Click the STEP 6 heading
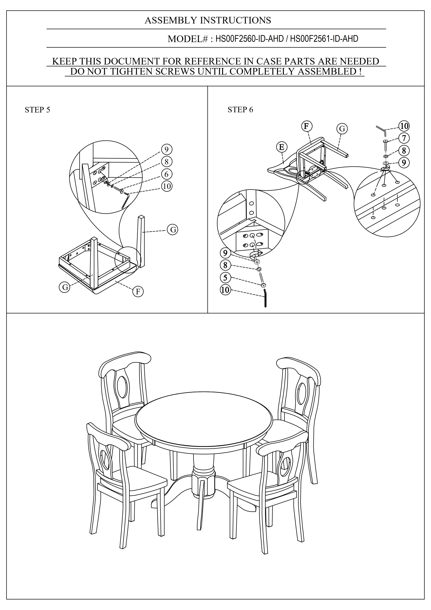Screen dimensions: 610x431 tap(240, 110)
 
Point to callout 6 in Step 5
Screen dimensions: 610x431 tap(166, 174)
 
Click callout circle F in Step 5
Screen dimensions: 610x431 tap(138, 292)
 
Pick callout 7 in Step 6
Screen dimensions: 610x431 tap(404, 138)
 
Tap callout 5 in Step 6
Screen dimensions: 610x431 tap(225, 278)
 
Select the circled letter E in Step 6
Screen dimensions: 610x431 tap(281, 147)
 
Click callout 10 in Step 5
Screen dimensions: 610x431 tap(166, 186)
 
